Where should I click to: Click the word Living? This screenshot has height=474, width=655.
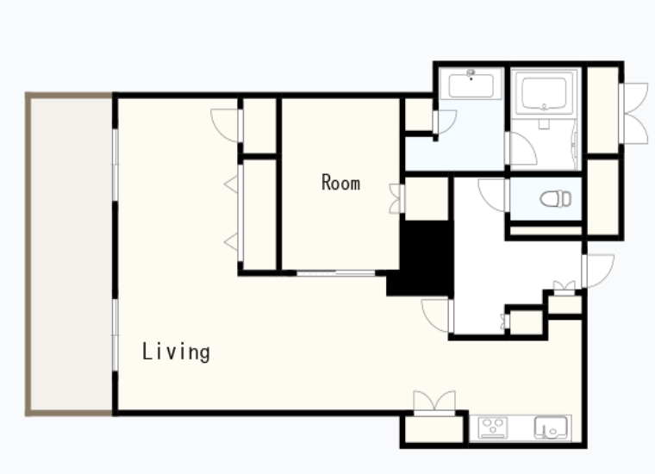[x=176, y=352]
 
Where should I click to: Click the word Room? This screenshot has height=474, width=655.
[x=341, y=183]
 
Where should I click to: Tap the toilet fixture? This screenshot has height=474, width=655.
[x=556, y=199]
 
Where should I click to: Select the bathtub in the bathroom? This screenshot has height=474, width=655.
[x=544, y=93]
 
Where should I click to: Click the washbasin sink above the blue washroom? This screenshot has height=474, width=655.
[x=471, y=84]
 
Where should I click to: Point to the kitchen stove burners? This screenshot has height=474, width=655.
[x=493, y=427]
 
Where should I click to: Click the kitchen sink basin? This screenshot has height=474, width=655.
[x=551, y=427]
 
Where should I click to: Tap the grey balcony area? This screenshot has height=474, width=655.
[x=71, y=254]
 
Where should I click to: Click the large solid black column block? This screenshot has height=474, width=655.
[x=422, y=259]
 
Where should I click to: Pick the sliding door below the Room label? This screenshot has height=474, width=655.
[x=335, y=273]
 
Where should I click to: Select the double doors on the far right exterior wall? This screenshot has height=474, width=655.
[x=635, y=113]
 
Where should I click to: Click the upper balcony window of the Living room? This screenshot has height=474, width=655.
[x=115, y=165]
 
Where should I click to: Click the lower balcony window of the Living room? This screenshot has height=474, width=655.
[x=115, y=335]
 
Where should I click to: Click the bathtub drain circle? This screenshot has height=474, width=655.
[x=544, y=107]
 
